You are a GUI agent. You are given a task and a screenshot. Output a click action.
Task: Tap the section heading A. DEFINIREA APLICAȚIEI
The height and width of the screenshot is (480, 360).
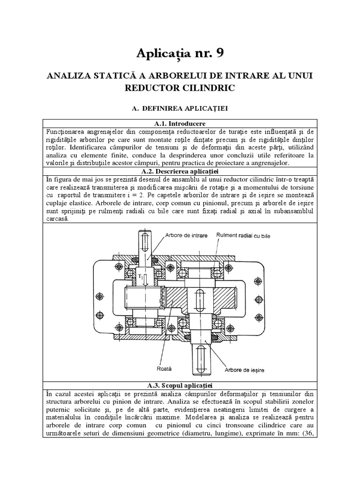tap(180, 108)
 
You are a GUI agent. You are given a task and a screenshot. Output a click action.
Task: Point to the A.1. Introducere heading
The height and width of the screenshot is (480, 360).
tap(180, 123)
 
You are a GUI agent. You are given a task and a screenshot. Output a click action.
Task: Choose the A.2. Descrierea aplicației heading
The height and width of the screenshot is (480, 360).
tap(180, 171)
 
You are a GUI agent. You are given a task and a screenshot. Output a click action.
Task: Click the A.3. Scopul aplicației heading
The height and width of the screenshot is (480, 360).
tap(180, 385)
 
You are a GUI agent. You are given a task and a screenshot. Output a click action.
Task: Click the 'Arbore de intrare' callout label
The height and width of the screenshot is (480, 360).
tap(186, 235)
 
